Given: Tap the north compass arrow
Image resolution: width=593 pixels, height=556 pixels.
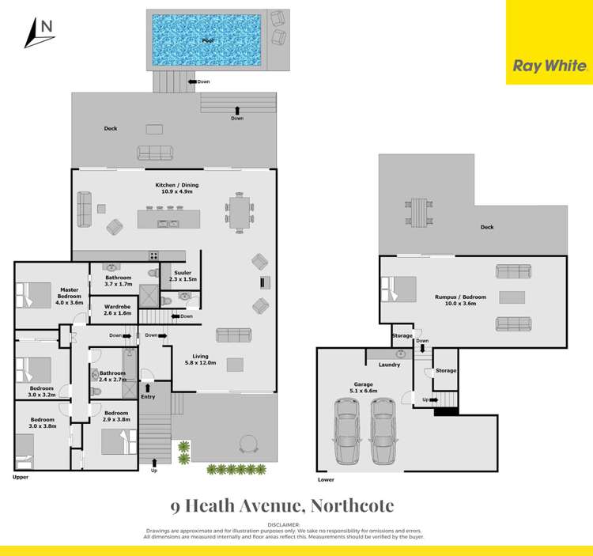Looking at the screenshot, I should pos(36,32).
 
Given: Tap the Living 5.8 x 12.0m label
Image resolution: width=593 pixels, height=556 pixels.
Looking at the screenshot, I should pos(196,359).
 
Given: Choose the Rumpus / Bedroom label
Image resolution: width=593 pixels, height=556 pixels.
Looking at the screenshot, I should pos(460,300).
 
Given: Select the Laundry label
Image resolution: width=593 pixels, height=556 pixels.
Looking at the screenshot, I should pos(389,365).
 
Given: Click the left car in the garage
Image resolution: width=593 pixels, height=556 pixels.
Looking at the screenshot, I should pos(347,431).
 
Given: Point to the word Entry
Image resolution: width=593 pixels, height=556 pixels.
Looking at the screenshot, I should pos(148,396).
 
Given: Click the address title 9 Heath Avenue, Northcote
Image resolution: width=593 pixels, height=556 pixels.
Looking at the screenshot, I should pos(282,505).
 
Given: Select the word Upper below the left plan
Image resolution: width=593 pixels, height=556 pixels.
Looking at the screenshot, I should pos(21,478).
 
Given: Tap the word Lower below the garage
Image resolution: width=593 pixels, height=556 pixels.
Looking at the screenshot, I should pos(326,479).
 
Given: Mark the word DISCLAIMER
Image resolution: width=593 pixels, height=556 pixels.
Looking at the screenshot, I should pos(284,524).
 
